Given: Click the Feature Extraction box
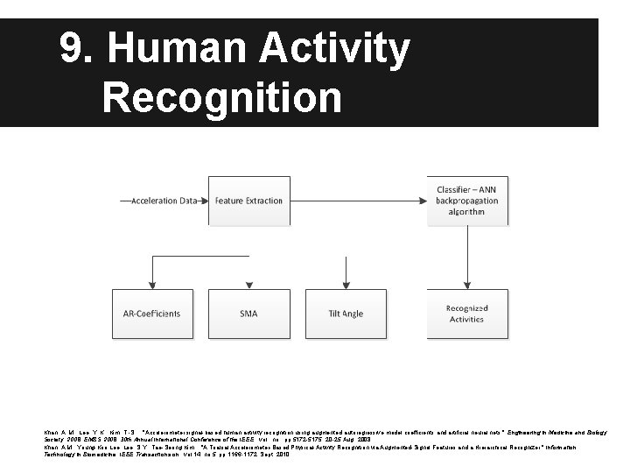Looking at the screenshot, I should coord(249,201).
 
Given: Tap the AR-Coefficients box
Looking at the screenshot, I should coord(152,314).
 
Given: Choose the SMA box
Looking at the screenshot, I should coord(248,314).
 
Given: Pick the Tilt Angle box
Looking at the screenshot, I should coord(346,314).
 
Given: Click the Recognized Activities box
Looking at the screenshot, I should coord(466,314).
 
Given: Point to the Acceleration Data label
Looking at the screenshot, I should coord(164,201).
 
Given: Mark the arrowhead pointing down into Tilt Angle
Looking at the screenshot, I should coord(346,285).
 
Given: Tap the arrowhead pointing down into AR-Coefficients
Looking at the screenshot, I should coord(152,285).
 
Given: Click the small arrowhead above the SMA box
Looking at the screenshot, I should coord(249,285).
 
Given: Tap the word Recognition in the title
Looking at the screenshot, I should coord(221,97).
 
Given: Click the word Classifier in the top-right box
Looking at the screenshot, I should coord(455,190).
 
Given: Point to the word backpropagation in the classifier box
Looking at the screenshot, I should coord(466,201).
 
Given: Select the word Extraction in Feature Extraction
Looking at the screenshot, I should coord(264,201).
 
